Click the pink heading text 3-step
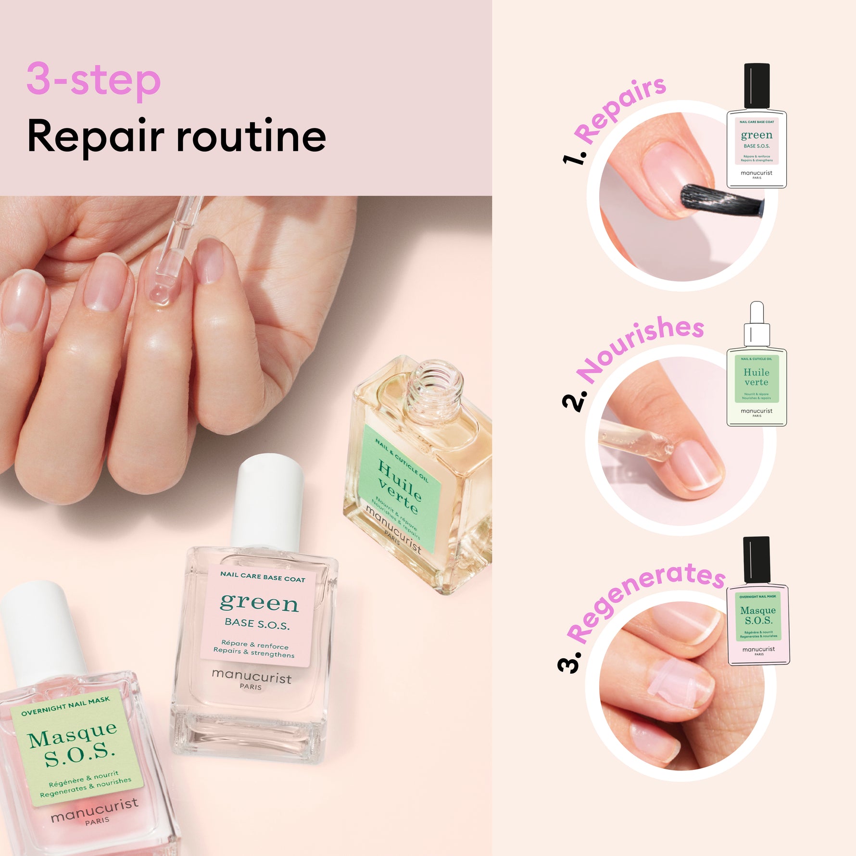click(x=93, y=79)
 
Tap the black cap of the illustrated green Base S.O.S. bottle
click(x=756, y=86)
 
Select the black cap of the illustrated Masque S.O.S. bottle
click(x=756, y=559)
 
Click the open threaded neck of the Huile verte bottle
click(x=434, y=385)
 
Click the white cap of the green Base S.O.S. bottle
click(x=268, y=500)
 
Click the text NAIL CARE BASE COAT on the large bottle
click(x=263, y=577)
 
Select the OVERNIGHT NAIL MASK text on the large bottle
click(x=65, y=705)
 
